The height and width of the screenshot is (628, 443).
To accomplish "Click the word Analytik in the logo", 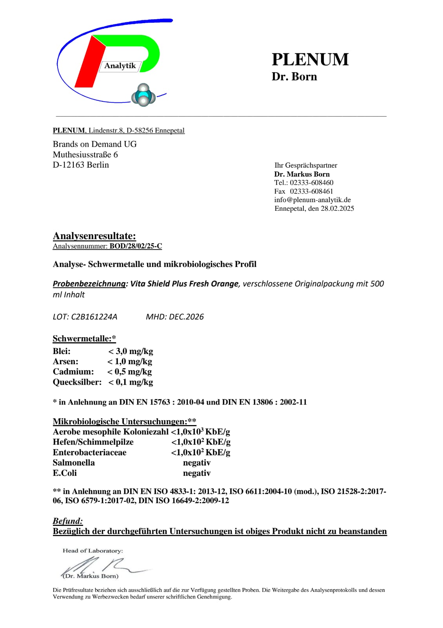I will [120, 66].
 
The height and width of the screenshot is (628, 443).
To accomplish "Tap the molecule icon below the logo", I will [143, 95].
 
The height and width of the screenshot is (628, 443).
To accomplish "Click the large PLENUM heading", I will [310, 59].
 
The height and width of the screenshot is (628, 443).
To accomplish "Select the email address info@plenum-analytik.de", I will [312, 200].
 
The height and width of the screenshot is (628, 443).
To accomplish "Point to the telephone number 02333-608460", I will [312, 183].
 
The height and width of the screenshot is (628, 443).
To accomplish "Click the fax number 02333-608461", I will [311, 191].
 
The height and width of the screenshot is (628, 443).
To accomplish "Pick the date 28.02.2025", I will [337, 208].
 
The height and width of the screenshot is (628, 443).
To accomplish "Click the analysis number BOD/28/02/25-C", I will [136, 246].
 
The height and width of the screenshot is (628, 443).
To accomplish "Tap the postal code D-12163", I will [69, 165].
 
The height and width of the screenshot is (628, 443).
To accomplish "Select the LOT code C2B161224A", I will [94, 317].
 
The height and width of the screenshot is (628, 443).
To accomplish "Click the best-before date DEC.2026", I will [186, 317].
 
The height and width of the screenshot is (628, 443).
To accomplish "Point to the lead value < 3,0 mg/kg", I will [131, 351].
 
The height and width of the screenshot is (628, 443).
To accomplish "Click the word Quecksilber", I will [77, 382].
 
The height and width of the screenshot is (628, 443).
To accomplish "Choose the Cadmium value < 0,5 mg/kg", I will [129, 372].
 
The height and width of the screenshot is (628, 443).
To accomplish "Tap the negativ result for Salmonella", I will [197, 463].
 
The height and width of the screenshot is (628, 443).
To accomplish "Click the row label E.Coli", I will [65, 473].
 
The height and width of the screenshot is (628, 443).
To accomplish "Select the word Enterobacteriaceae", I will [89, 453].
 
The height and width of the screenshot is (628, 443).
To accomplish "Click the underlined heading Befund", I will [68, 521].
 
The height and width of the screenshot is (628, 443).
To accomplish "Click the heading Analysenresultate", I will [94, 236].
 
